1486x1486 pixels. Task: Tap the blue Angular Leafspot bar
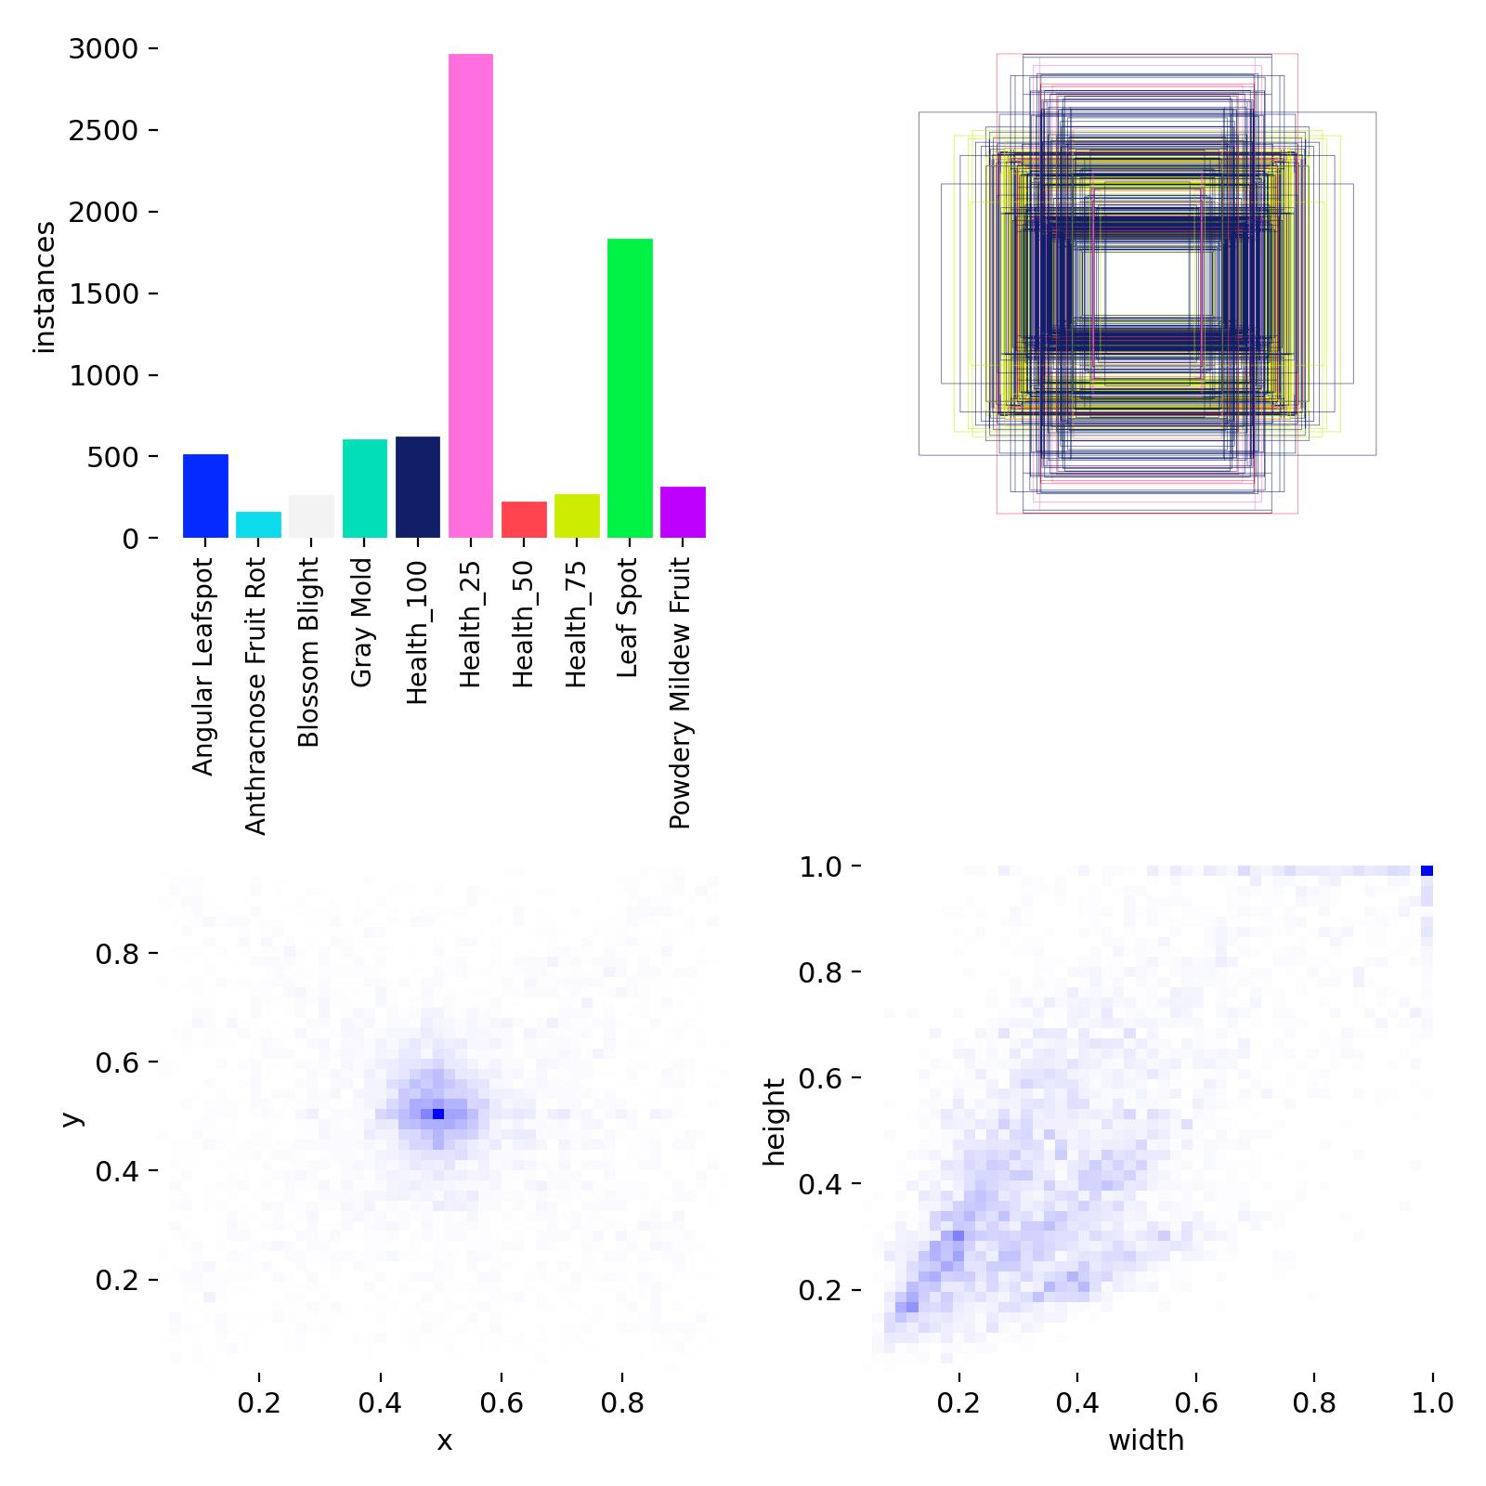(x=205, y=496)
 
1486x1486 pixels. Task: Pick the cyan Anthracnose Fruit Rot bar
(x=258, y=525)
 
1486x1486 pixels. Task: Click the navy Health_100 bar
(x=418, y=487)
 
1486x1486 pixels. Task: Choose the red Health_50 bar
(x=524, y=520)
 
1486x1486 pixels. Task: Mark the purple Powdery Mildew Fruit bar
(x=683, y=512)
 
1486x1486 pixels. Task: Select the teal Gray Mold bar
(x=365, y=489)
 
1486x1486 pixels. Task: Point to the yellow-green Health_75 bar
(x=577, y=515)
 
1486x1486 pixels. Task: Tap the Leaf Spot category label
(x=628, y=617)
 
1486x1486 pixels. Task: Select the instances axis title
(x=45, y=288)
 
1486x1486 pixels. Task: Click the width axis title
(x=1146, y=1440)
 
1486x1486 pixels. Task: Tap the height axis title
(x=774, y=1122)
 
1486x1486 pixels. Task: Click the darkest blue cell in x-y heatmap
(x=438, y=1114)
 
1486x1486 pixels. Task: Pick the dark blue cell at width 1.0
(x=1427, y=870)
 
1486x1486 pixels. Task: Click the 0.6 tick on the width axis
(x=1195, y=1402)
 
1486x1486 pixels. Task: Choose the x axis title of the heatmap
(x=445, y=1440)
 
